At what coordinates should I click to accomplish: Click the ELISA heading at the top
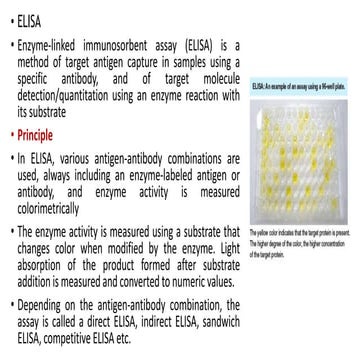[x=31, y=20]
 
